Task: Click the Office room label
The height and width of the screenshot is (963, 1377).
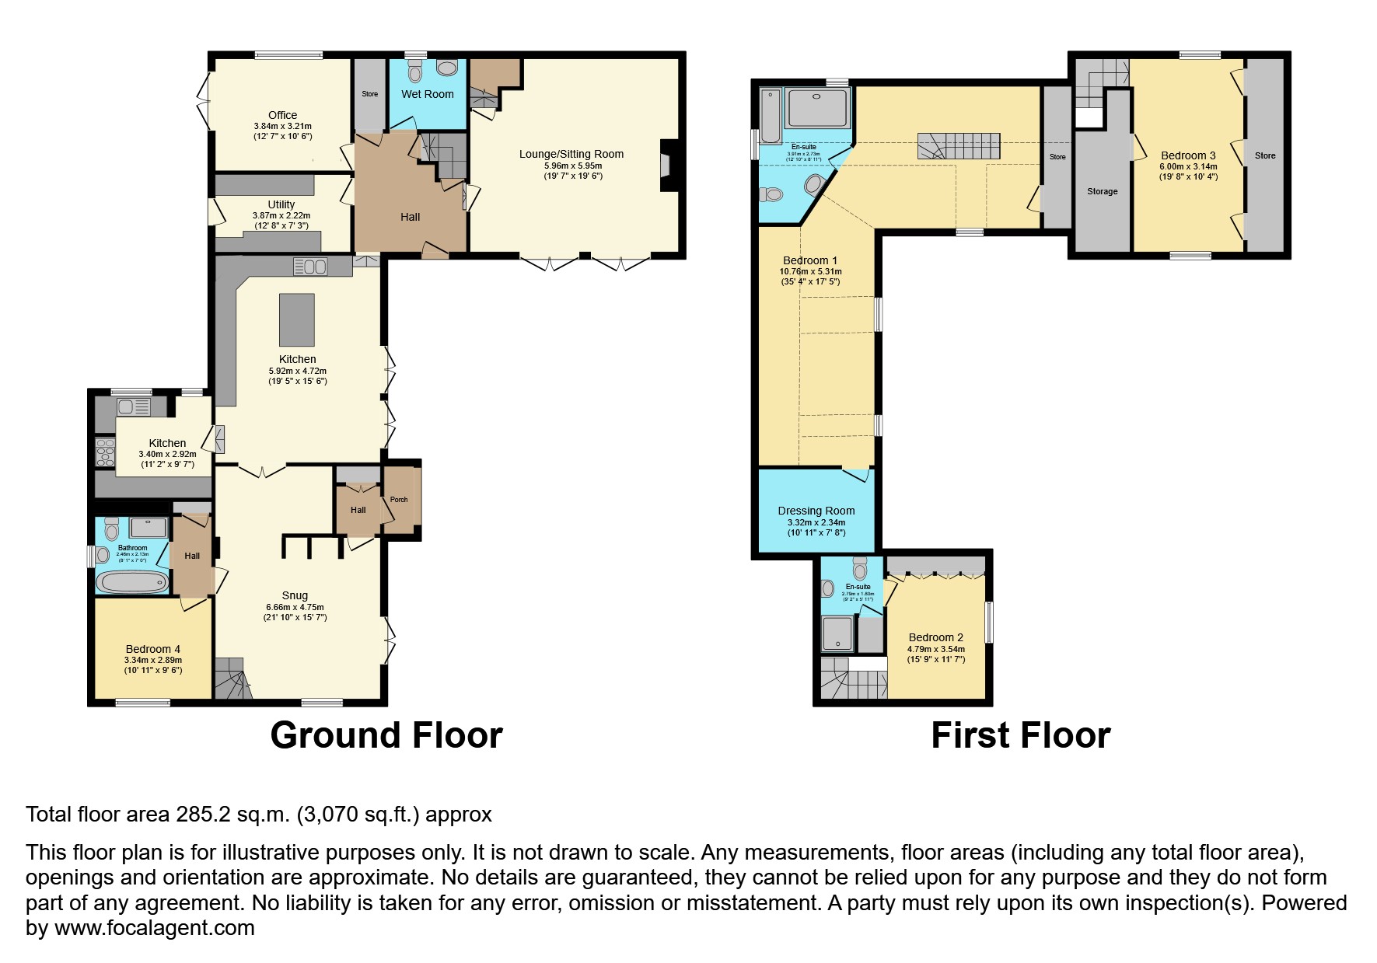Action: tap(282, 115)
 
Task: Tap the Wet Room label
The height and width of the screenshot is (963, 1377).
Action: tap(427, 94)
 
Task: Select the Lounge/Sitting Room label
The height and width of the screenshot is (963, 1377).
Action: tap(571, 154)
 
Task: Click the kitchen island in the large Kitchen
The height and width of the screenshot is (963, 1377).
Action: tap(297, 319)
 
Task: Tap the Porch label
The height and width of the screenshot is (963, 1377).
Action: tap(399, 500)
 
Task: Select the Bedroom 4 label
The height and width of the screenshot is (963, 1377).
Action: tap(153, 649)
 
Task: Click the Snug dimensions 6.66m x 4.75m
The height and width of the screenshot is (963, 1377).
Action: tap(295, 608)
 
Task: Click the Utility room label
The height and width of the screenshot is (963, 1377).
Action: tap(281, 204)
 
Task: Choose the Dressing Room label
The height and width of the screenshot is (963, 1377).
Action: tap(816, 511)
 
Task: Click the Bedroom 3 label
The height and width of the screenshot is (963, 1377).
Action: tap(1187, 155)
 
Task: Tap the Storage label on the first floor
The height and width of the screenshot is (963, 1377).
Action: tap(1102, 191)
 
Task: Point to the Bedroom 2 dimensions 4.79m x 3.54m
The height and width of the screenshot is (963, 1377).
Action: tap(935, 649)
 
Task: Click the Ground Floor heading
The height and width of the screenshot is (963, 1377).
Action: tap(386, 735)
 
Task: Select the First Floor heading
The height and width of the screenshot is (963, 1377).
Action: tap(1020, 735)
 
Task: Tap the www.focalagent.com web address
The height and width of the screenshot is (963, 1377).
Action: tap(154, 928)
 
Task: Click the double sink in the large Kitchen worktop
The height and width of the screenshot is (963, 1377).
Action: tap(311, 267)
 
